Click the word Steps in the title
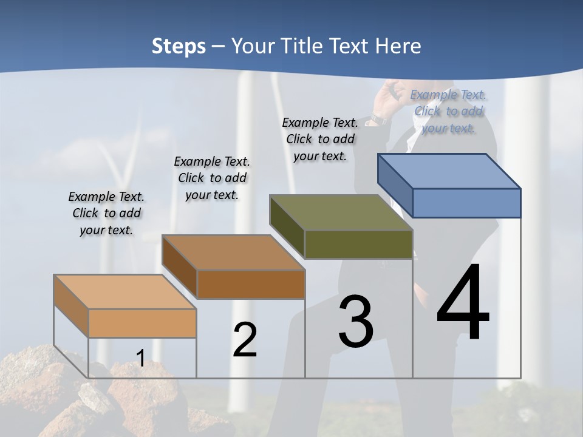click(179, 46)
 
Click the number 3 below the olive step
click(356, 322)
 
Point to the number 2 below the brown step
click(245, 340)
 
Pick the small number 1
click(140, 358)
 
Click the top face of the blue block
click(449, 171)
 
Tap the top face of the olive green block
click(341, 212)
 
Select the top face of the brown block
click(233, 252)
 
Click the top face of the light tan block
click(125, 292)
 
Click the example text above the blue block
click(448, 111)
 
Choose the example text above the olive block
click(320, 139)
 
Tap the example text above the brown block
click(212, 178)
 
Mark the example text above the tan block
click(106, 213)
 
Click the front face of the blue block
click(466, 203)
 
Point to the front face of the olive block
click(358, 244)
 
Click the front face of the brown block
click(251, 284)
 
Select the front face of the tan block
click(142, 323)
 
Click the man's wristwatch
click(379, 120)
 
